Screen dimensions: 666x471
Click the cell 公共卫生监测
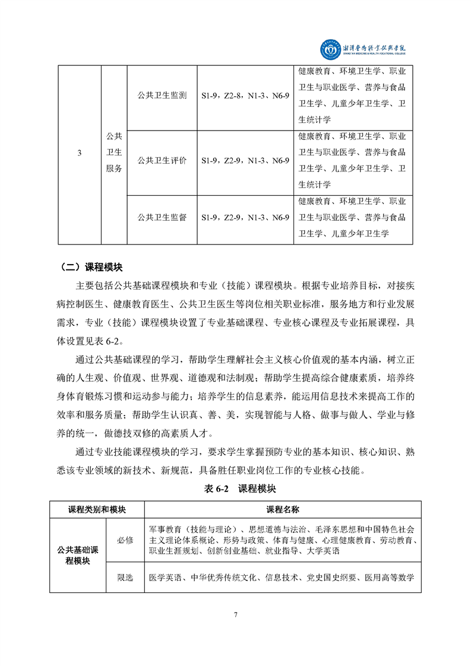click(x=162, y=95)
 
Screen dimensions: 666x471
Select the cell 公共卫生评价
click(x=162, y=160)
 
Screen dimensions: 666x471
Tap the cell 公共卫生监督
click(x=162, y=218)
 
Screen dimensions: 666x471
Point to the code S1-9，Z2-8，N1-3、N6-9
click(x=245, y=95)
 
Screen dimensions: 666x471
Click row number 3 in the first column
click(x=80, y=154)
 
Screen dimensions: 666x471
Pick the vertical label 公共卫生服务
click(x=114, y=153)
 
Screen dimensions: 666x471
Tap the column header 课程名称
click(x=283, y=509)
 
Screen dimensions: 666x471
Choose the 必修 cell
click(x=125, y=540)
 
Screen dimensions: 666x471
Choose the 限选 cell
click(x=125, y=577)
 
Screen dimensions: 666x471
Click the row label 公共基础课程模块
click(x=78, y=555)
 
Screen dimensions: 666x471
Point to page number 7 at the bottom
click(x=236, y=614)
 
